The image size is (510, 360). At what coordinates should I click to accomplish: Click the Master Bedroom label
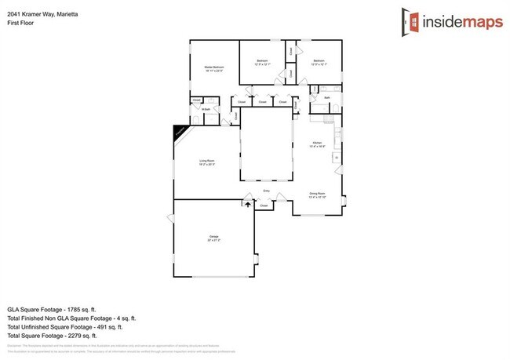pos(214,68)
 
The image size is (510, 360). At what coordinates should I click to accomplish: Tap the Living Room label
pos(206,162)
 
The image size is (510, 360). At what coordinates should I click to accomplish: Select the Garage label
pos(213,237)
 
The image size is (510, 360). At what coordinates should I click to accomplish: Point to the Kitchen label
pos(317,144)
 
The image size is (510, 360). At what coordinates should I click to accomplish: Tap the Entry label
pos(266,191)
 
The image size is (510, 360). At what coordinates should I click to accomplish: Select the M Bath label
pos(206,110)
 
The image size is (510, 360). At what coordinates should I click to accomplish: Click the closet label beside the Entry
pos(264,206)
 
